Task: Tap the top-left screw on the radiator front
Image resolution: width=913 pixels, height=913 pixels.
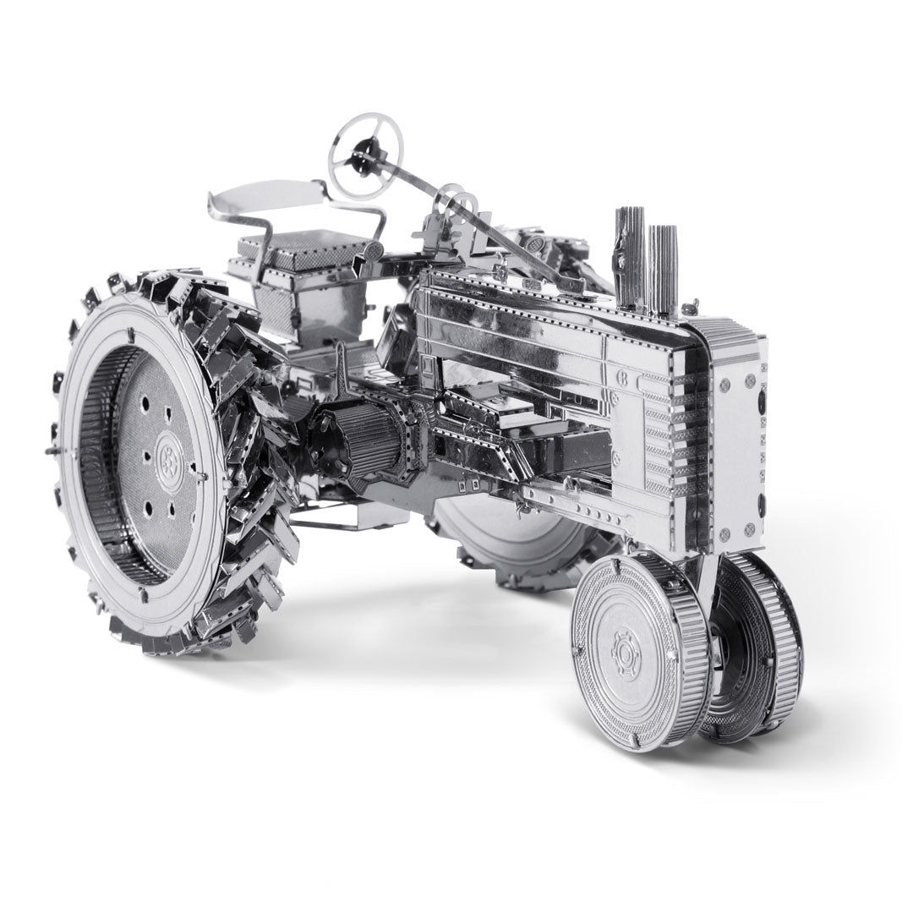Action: coord(725,385)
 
